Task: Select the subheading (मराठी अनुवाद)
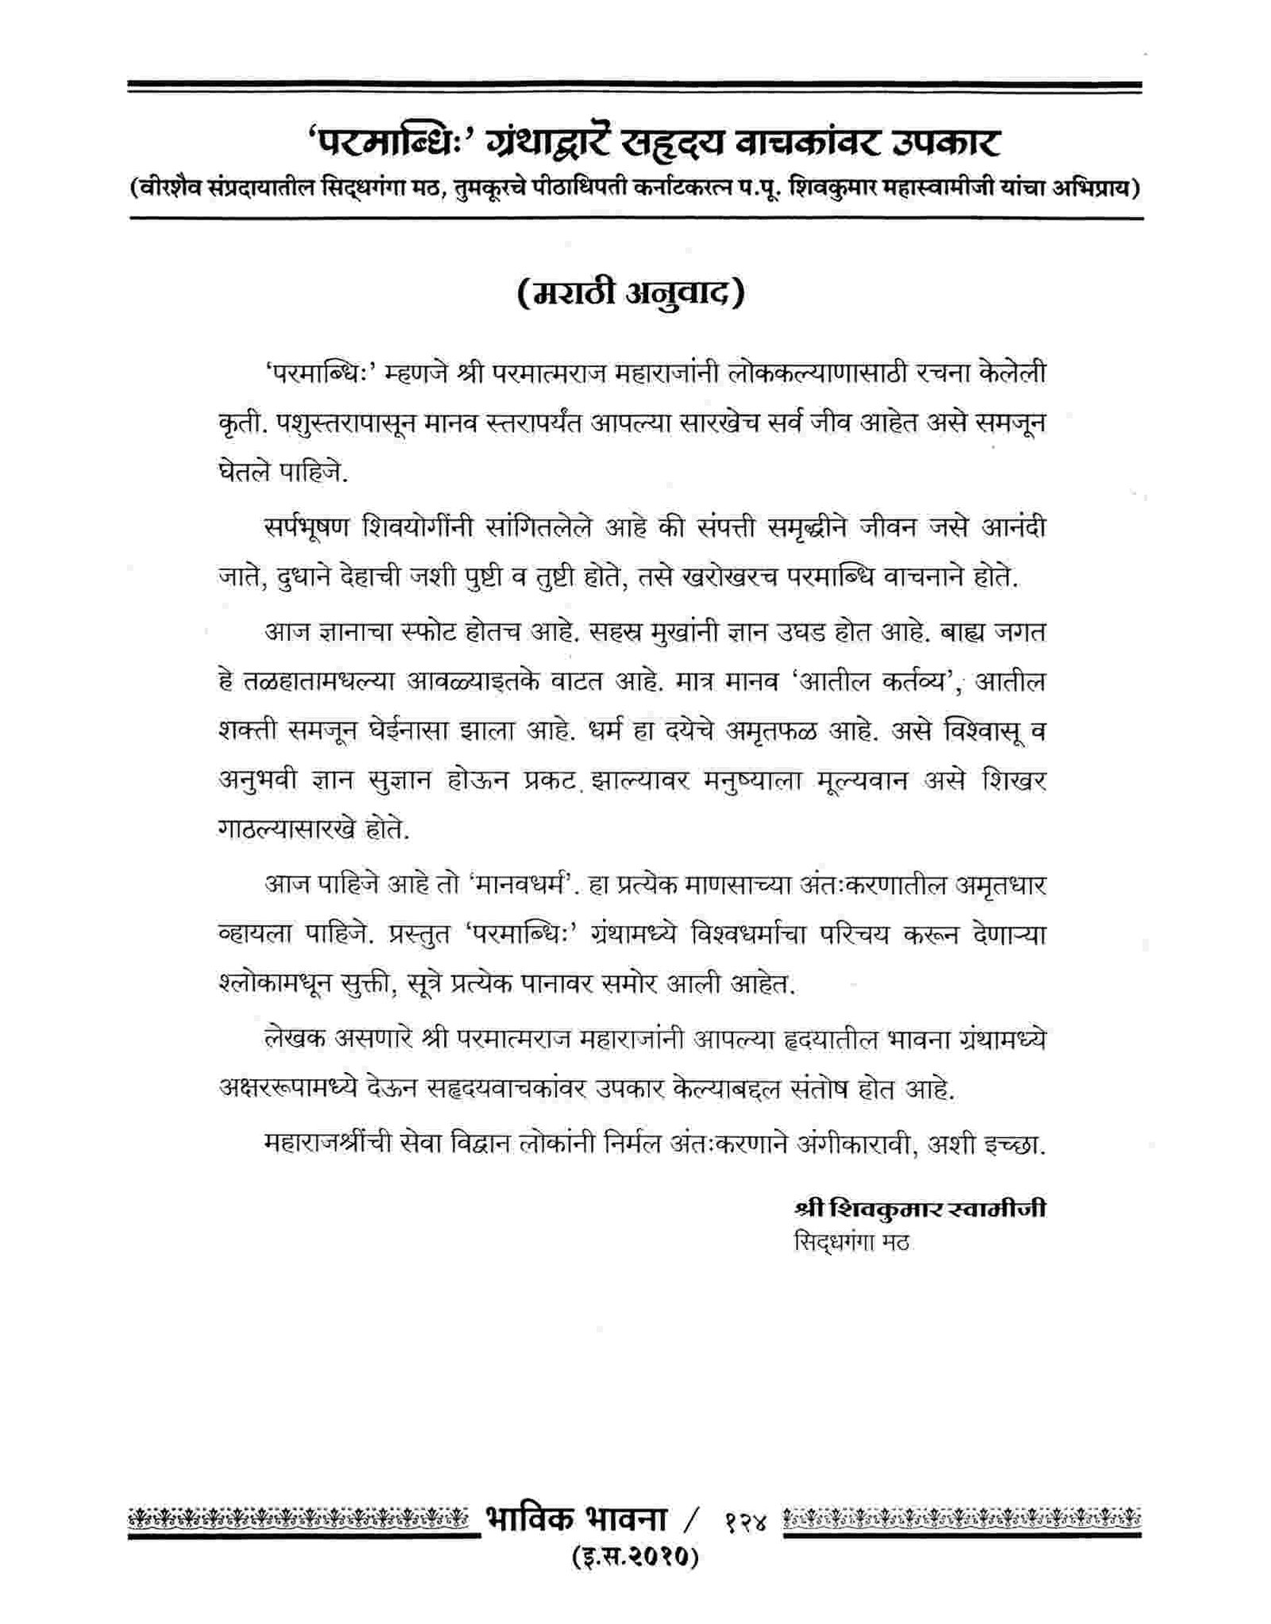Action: (631, 292)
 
